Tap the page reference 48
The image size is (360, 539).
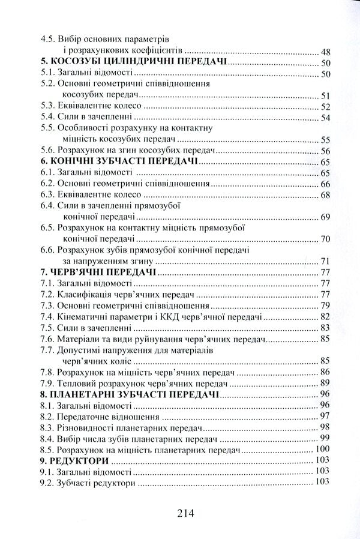tap(326, 52)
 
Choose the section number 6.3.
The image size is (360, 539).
tap(48, 195)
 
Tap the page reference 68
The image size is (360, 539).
tap(326, 195)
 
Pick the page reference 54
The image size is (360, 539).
tap(326, 117)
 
